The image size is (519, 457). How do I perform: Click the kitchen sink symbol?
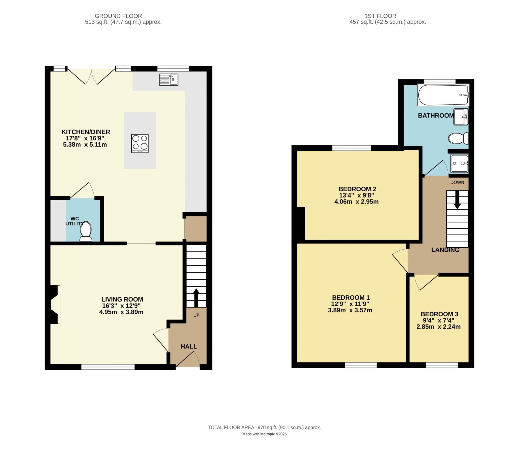pos(169,79)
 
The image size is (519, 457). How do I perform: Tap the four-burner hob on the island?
pos(140,144)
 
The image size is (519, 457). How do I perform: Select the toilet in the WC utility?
pos(86,231)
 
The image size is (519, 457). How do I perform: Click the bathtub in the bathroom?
pos(443,95)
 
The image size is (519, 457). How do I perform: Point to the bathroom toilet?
pos(458,138)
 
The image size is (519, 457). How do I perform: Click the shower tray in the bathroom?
pos(459,163)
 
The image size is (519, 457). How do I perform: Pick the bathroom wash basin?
pos(461,117)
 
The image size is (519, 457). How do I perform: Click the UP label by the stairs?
pos(196,315)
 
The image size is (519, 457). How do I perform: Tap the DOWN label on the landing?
pos(457,182)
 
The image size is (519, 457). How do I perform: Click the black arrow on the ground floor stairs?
pos(196,297)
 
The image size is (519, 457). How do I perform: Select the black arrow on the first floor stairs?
pos(457,199)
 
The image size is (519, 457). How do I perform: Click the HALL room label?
pos(189,347)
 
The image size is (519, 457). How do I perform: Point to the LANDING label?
pos(445,250)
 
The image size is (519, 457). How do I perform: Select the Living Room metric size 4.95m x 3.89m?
pos(121,312)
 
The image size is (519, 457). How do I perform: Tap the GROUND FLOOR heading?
pos(118,16)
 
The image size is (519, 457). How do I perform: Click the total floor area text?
pos(264,427)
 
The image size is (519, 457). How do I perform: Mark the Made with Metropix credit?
pos(264,434)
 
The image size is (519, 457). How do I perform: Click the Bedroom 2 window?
pos(352,148)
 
